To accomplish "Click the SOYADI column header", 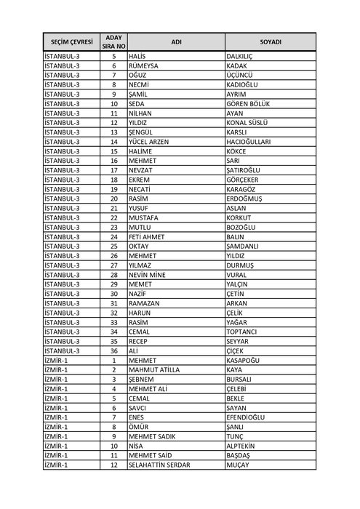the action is click(270, 42).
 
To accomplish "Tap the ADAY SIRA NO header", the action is click(114, 42).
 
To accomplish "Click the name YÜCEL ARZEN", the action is click(148, 141).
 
